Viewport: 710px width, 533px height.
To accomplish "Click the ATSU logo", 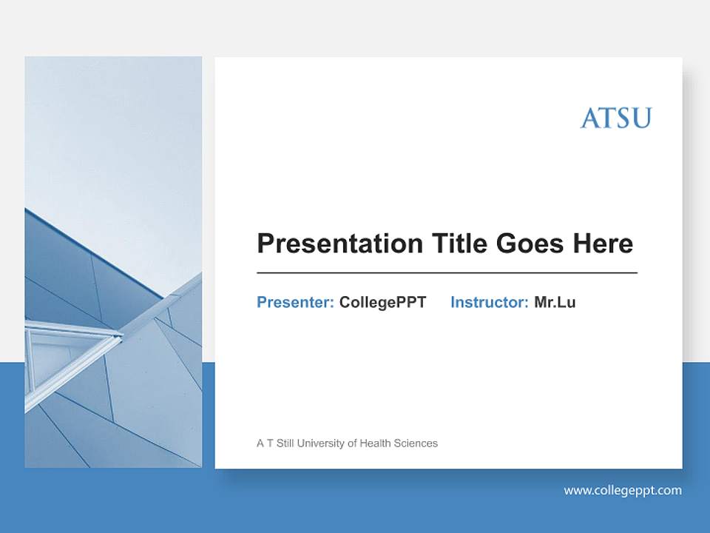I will pyautogui.click(x=615, y=118).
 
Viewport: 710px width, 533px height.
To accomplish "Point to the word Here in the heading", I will pyautogui.click(x=602, y=243).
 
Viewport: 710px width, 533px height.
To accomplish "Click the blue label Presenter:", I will pyautogui.click(x=295, y=302).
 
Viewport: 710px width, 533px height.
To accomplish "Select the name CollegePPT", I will pyautogui.click(x=382, y=302).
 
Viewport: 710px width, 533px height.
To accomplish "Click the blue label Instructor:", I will pyautogui.click(x=489, y=302).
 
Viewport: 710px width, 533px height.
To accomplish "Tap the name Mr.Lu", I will pyautogui.click(x=555, y=302).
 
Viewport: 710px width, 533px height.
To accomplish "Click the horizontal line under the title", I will pyautogui.click(x=447, y=273).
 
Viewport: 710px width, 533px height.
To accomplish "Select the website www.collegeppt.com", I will pyautogui.click(x=623, y=490).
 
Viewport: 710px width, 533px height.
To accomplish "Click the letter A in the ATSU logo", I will pyautogui.click(x=589, y=118).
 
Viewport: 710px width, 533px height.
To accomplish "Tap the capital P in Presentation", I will pyautogui.click(x=265, y=243).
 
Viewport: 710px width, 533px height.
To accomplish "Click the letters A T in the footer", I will pyautogui.click(x=265, y=443).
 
